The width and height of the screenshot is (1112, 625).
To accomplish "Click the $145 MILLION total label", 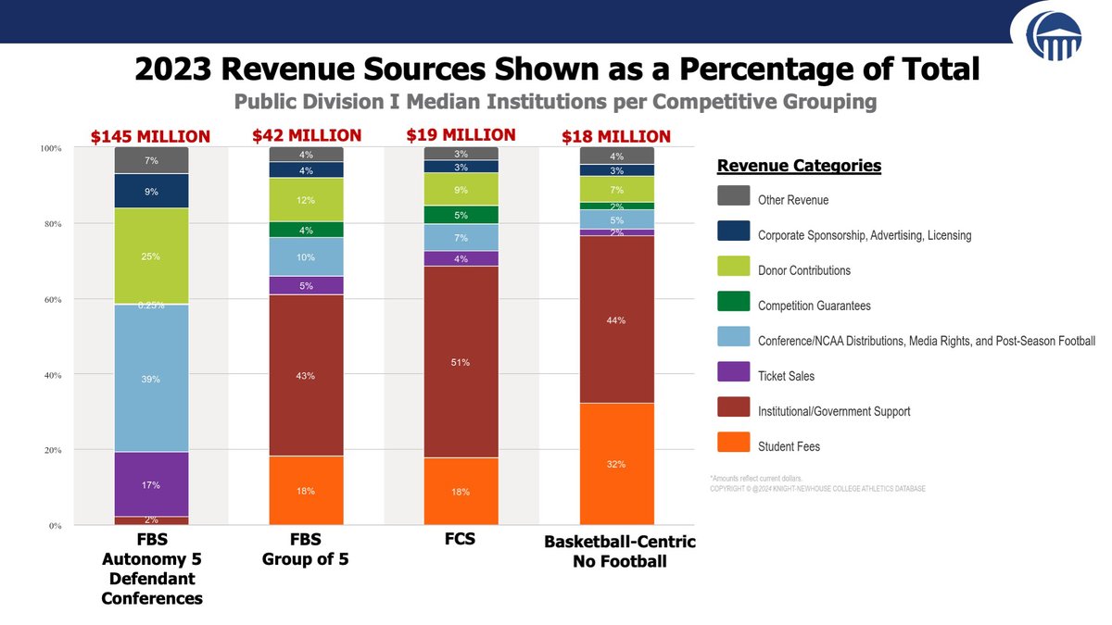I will pos(150,137).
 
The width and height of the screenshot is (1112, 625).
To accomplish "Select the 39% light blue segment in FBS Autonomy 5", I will pos(151,378).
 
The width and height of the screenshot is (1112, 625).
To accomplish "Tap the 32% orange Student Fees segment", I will pos(616,463).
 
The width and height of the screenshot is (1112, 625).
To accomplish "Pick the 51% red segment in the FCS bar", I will pos(461,362).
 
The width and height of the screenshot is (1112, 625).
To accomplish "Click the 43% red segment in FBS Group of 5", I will pos(306,375).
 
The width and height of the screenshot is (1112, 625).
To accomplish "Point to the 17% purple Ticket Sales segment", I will pos(151,484).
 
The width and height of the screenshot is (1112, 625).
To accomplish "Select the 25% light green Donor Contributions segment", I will pos(151,256).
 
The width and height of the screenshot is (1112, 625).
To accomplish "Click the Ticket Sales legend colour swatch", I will pos(733,375).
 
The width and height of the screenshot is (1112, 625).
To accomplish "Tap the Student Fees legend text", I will pos(789,446).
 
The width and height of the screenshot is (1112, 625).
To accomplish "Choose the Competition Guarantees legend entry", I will pos(814,306).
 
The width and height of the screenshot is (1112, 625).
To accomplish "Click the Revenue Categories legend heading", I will pos(799,166).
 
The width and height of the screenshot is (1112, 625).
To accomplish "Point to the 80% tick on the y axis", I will pos(50,224).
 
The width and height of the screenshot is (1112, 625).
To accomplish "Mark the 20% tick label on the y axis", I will pos(50,451).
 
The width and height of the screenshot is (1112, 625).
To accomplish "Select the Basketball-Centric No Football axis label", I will pos(619,551).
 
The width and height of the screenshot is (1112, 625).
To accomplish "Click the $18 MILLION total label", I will pos(615,137).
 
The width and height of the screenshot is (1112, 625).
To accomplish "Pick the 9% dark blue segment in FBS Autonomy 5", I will pos(151,192).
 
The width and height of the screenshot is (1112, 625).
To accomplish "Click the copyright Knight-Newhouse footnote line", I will pos(816,489).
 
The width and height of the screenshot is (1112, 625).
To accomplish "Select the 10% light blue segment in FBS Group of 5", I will pos(306,256).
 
